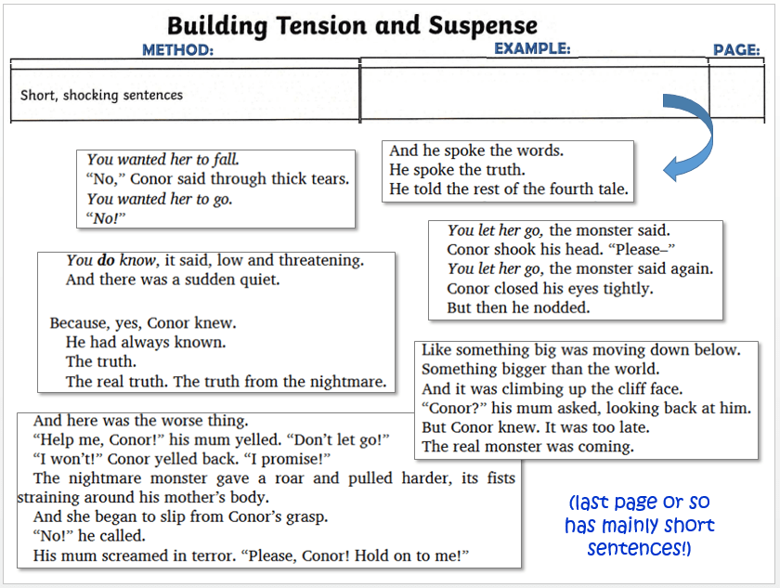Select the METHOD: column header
pos(177,50)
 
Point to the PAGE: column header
pos(736,50)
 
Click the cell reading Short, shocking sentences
pos(102,95)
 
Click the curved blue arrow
pos(686,137)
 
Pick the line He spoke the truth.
pos(457,170)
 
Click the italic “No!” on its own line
pos(105,218)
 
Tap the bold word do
pos(107,260)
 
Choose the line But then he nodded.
pos(518,307)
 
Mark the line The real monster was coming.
pos(527,447)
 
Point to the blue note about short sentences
pos(640,525)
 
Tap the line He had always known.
pos(146,343)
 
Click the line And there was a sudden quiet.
pos(173,279)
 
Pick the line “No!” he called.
pos(89,536)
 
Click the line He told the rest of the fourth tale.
pos(509,189)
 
